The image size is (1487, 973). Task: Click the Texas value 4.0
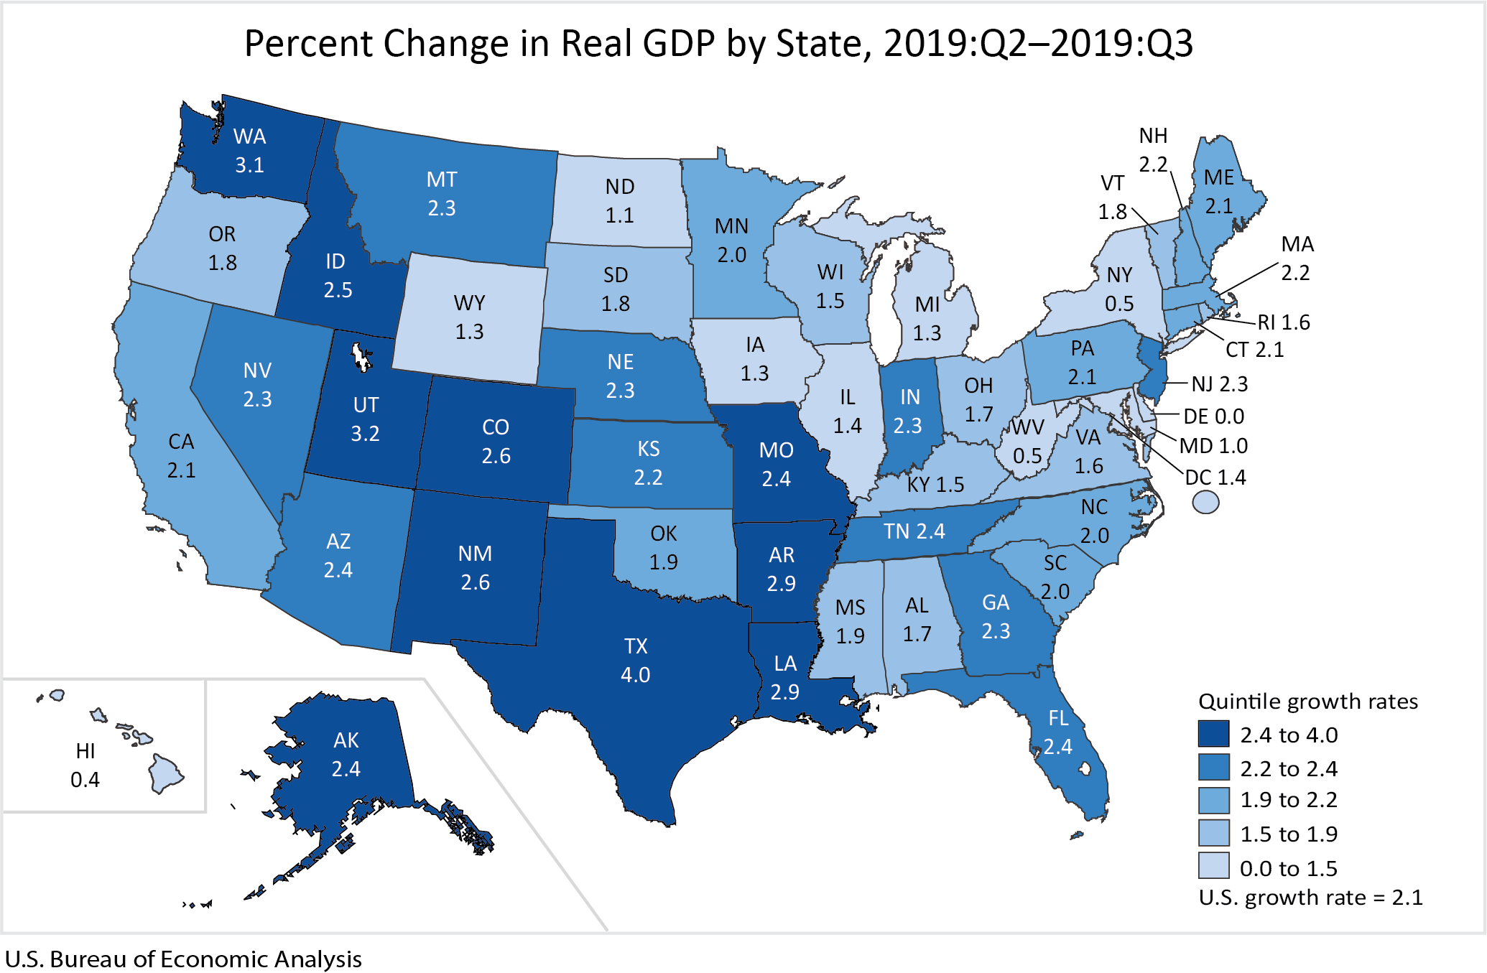pyautogui.click(x=635, y=675)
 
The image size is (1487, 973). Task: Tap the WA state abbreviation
pyautogui.click(x=249, y=136)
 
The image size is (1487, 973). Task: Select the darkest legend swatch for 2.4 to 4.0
pyautogui.click(x=1213, y=734)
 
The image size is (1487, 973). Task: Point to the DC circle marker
pyautogui.click(x=1205, y=502)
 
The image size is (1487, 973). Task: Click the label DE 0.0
pyautogui.click(x=1213, y=416)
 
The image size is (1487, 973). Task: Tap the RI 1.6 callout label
pyautogui.click(x=1283, y=322)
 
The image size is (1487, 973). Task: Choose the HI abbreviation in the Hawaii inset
pyautogui.click(x=85, y=751)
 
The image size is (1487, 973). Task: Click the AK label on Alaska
pyautogui.click(x=346, y=740)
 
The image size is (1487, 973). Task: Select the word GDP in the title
pyautogui.click(x=679, y=44)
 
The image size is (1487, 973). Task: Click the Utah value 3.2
pyautogui.click(x=365, y=434)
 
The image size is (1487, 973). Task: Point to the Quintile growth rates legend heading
pyautogui.click(x=1308, y=702)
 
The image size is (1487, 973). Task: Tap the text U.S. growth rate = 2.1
pyautogui.click(x=1310, y=898)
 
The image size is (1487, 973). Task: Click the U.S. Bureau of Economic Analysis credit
pyautogui.click(x=183, y=959)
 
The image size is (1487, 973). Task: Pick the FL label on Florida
pyautogui.click(x=1058, y=718)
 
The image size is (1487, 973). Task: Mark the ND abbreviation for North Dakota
pyautogui.click(x=619, y=187)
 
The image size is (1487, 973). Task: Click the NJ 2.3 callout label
pyautogui.click(x=1219, y=384)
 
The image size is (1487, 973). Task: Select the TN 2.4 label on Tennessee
pyautogui.click(x=914, y=531)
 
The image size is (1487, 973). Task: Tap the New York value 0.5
pyautogui.click(x=1119, y=304)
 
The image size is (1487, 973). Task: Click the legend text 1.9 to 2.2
pyautogui.click(x=1288, y=800)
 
